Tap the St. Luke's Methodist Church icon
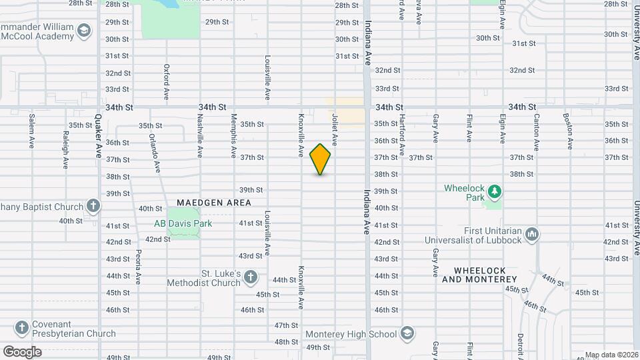250,277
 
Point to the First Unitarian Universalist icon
532,234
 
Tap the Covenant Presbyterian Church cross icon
22,327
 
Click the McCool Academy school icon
84,31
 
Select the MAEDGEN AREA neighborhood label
214,203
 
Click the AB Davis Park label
183,223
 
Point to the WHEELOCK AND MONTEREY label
479,275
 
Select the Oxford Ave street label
167,80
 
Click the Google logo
22,351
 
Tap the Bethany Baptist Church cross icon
93,206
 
